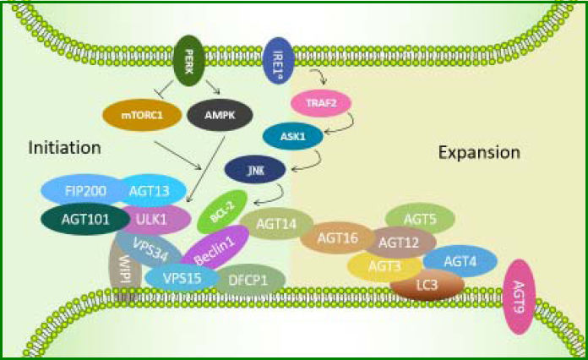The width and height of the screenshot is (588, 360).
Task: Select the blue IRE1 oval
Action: tap(278, 62)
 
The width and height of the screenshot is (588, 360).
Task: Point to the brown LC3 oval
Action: tap(427, 284)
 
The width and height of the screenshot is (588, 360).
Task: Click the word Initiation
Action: tap(65, 148)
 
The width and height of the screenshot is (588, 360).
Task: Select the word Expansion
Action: tap(479, 153)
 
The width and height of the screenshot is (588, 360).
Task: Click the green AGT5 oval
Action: tap(420, 220)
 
